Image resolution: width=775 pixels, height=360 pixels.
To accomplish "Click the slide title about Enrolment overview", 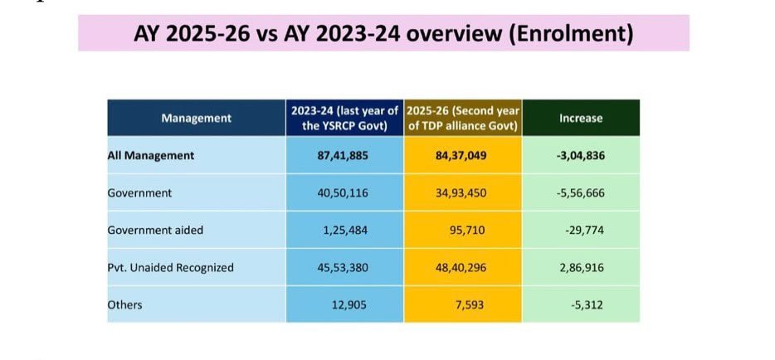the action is (x=383, y=34).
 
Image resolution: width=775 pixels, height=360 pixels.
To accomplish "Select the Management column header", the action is (x=196, y=119).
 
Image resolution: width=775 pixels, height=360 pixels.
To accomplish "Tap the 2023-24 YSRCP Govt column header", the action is (x=344, y=119).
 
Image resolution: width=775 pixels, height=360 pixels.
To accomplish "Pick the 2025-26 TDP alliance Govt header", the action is (x=463, y=119).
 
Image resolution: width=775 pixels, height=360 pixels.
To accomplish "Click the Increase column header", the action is (x=581, y=119).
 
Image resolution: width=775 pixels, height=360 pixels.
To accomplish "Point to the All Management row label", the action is (x=151, y=156).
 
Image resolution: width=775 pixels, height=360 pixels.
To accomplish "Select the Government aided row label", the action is (x=155, y=230).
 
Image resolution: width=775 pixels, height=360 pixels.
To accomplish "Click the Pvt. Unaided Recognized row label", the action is (x=171, y=268).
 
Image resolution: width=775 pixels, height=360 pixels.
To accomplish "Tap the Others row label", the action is (x=124, y=305).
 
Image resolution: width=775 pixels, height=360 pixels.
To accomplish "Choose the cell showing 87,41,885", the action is (x=343, y=156).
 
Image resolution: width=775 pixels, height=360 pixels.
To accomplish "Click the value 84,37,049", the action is (x=461, y=156).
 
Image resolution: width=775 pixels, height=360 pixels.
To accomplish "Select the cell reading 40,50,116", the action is (x=343, y=192).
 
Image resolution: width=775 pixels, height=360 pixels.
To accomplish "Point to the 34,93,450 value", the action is (x=461, y=192).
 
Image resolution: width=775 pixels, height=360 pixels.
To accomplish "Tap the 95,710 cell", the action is (x=467, y=230).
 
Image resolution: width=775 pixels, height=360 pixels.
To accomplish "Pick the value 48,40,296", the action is (x=461, y=268).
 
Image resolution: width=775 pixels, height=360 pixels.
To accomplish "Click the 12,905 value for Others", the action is (x=349, y=305).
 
